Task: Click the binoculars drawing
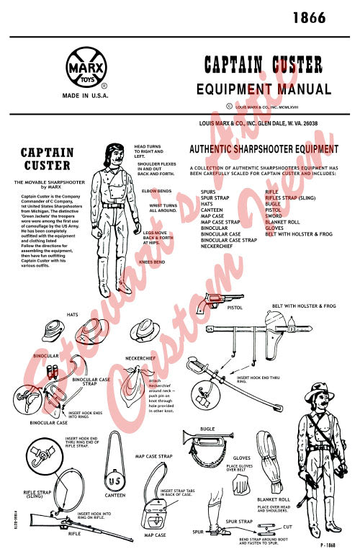[51, 371]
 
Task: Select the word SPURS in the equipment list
[208, 192]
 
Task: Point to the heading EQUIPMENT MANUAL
[264, 89]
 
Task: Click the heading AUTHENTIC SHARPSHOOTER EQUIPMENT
[263, 149]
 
